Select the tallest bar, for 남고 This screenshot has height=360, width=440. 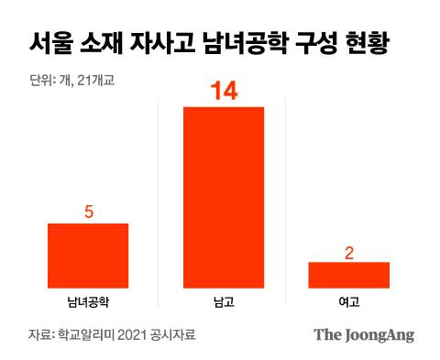224,197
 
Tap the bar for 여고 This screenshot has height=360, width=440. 348,275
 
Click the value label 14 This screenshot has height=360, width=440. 224,92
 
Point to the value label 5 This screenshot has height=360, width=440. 88,212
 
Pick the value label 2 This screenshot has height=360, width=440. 349,251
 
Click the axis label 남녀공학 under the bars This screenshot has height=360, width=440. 88,300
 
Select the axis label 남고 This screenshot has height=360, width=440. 224,300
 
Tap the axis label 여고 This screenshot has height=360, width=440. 349,300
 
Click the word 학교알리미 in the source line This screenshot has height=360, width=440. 87,334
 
